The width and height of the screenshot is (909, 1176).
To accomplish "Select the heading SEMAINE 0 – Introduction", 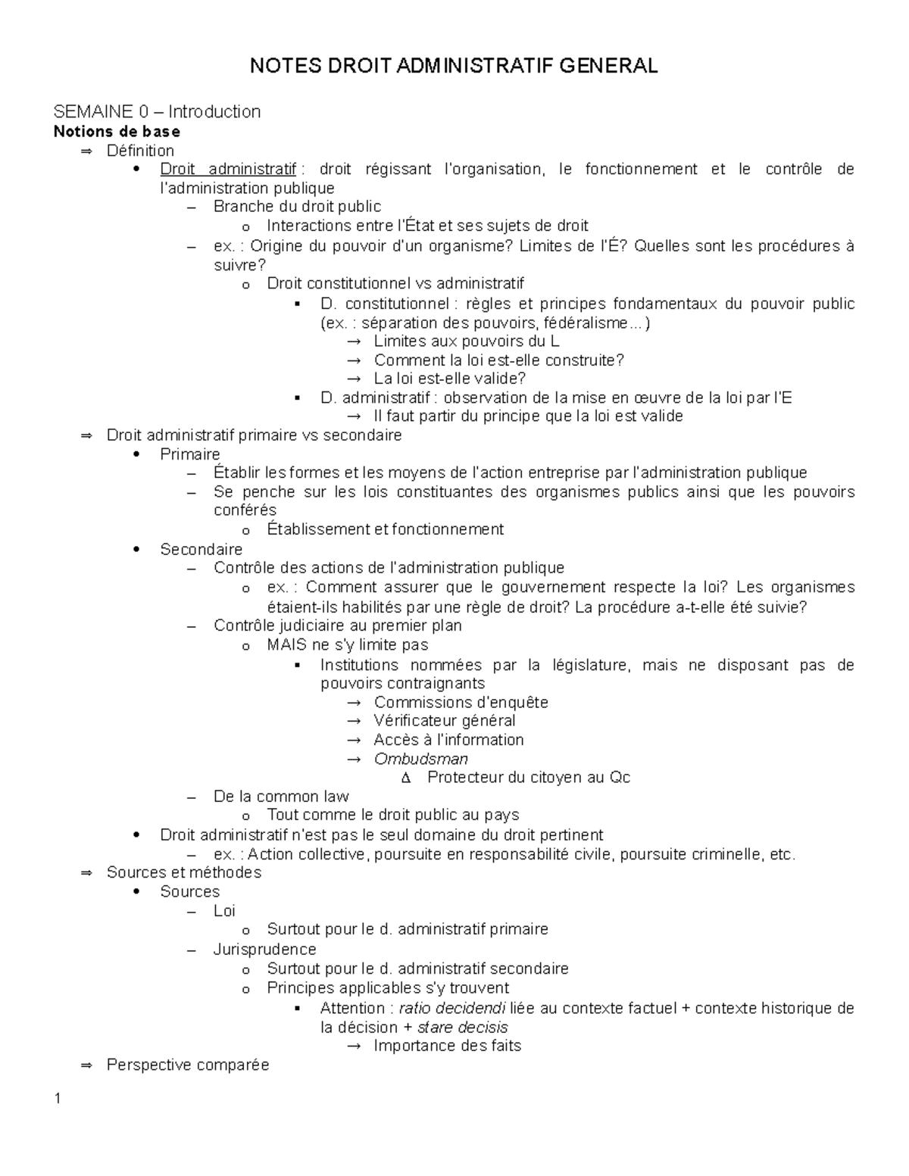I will click(157, 112).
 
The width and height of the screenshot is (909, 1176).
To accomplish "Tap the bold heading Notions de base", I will click(117, 132).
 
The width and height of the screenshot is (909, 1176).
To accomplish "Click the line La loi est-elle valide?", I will click(449, 379).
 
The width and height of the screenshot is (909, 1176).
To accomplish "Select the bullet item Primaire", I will click(190, 454).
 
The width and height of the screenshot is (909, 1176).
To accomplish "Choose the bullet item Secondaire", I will click(201, 549).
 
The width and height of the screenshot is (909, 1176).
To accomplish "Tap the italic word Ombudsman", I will click(420, 759).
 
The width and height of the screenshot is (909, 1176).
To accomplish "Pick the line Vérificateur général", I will click(444, 721).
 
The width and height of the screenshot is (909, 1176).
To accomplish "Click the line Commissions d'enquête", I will click(461, 702).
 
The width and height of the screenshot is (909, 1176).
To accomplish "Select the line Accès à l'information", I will click(448, 740).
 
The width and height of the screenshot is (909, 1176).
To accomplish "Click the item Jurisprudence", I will click(264, 950).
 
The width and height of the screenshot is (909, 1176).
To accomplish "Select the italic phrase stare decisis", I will click(462, 1028).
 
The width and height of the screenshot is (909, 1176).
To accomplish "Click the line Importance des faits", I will click(447, 1046).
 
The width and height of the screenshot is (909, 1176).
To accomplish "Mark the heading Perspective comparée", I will click(188, 1065).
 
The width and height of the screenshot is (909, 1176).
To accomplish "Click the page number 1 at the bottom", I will click(58, 1100).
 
